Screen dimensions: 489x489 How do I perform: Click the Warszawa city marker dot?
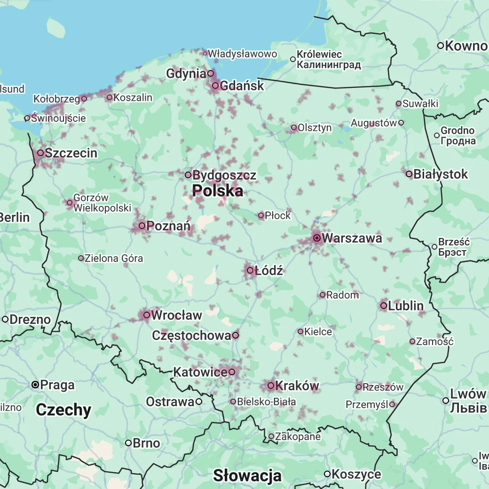tap(317, 238)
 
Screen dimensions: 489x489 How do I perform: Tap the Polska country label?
tap(218, 191)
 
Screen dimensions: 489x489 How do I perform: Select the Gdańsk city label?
tap(242, 86)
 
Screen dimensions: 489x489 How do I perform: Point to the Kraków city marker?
tap(271, 386)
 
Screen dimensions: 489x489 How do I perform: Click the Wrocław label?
tap(177, 315)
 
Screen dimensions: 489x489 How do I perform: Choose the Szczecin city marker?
tap(40, 153)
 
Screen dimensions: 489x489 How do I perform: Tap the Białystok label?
tap(441, 174)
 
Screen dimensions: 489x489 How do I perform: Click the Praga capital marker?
tap(35, 385)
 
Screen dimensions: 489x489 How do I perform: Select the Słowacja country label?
tap(247, 475)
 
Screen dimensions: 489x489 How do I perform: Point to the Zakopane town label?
tap(298, 437)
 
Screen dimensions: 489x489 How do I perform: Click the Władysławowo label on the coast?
tap(243, 54)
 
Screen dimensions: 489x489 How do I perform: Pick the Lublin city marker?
tap(384, 306)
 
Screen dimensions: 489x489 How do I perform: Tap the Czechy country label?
tap(63, 410)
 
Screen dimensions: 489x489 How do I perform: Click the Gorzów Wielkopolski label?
tap(102, 203)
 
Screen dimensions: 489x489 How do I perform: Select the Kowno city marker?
tap(441, 46)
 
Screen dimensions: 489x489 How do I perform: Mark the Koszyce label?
tap(356, 474)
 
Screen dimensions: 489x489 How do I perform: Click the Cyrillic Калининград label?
tap(329, 65)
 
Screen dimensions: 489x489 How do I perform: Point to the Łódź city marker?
tap(250, 270)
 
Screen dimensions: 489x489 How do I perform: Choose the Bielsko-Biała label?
tap(267, 402)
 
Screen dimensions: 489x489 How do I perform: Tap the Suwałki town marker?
tap(399, 103)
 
